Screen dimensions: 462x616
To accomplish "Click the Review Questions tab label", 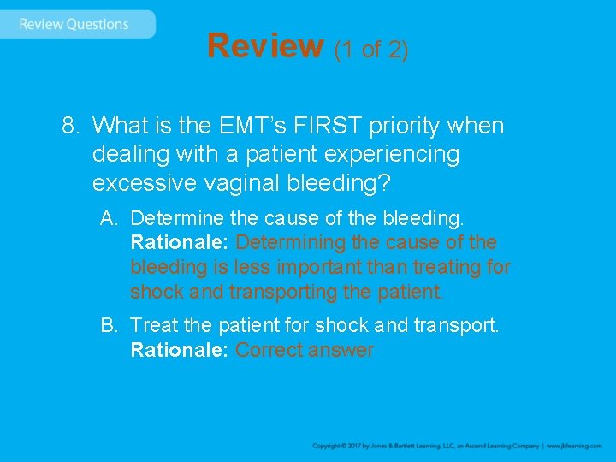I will pos(74,24).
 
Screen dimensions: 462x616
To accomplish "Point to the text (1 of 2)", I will pos(371,50).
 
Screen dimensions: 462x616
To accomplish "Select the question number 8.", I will pos(70,127).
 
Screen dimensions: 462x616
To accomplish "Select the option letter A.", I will pos(108,218).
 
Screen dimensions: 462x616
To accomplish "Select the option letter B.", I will pos(108,326).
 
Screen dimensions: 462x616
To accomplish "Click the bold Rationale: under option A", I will pos(179,243).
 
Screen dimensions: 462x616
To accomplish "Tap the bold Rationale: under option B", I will pos(179,351).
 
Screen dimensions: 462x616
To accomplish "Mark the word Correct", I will pos(270,351).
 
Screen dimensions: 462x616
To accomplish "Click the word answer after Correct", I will pos(342,351).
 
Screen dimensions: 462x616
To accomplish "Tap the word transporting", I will pos(282,293).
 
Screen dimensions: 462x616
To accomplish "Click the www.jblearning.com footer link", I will pos(574,447).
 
